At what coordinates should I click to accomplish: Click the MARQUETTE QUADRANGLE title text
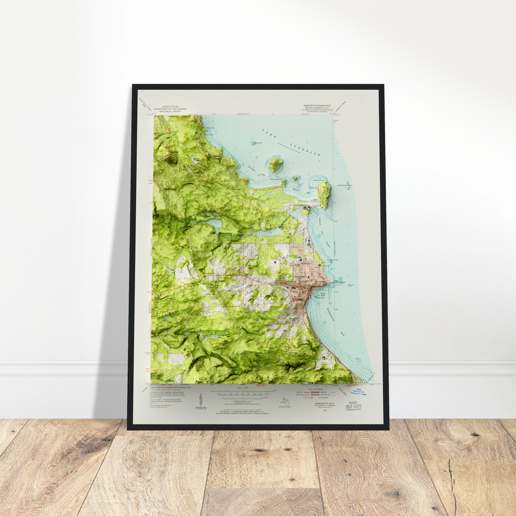coord(317,105)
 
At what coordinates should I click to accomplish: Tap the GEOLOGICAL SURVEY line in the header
coord(170,111)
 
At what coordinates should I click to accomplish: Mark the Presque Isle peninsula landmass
coord(325,194)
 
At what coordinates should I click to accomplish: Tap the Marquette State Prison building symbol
coord(325,359)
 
